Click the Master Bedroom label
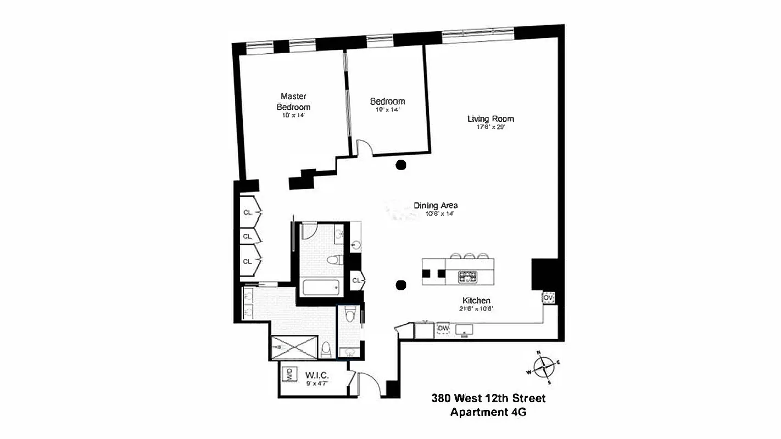pos(293,102)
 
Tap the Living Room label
pos(490,119)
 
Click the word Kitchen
pos(476,301)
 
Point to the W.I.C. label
pos(316,376)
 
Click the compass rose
pos(544,367)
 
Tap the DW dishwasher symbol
pos(443,329)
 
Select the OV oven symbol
pos(548,298)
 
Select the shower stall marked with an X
pos(294,347)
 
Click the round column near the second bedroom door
pos(401,164)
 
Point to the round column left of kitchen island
pos(401,285)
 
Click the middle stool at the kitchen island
pos(469,256)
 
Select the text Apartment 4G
pos(488,412)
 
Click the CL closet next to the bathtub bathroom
pos(357,281)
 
